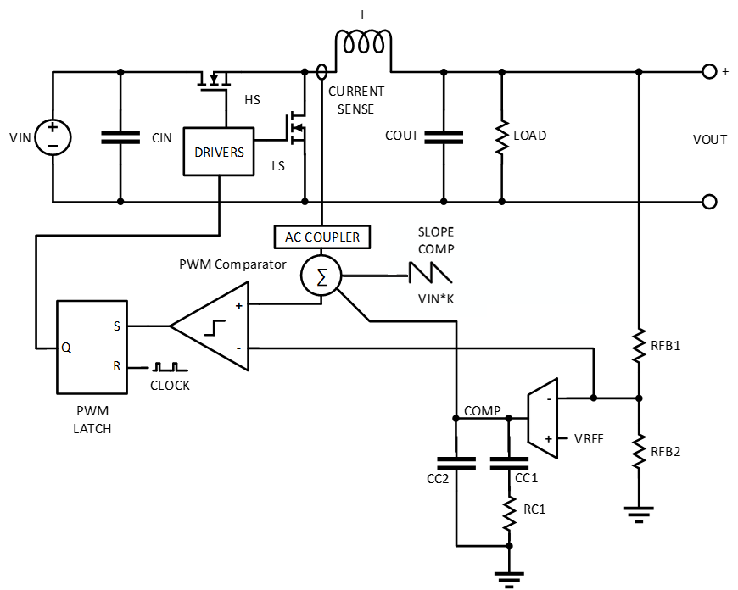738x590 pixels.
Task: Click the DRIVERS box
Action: [x=218, y=152]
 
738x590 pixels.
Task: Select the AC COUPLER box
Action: [x=322, y=237]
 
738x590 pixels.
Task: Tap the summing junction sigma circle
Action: [x=321, y=276]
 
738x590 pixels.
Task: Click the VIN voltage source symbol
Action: [x=53, y=137]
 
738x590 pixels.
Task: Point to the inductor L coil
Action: [x=363, y=42]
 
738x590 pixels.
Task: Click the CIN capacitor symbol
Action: [x=120, y=137]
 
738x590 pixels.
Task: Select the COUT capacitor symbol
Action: [x=444, y=137]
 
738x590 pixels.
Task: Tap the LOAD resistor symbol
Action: [x=501, y=137]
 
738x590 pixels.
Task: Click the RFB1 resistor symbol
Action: [x=639, y=345]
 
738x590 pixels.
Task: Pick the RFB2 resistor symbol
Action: [x=639, y=451]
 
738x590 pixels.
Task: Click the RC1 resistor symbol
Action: [x=509, y=514]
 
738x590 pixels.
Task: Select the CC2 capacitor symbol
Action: [x=456, y=463]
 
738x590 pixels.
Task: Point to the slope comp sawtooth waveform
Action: [x=430, y=273]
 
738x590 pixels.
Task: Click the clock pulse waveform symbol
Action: [x=170, y=366]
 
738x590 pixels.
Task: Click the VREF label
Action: [x=589, y=439]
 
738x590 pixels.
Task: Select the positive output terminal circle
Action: [x=709, y=71]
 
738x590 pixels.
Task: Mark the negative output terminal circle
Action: [x=709, y=202]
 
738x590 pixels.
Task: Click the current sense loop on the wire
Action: [x=321, y=71]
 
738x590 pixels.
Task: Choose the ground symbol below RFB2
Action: [x=639, y=515]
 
